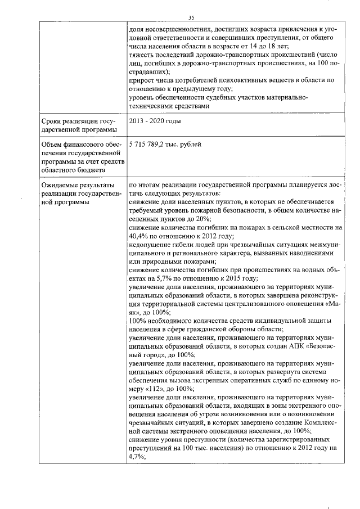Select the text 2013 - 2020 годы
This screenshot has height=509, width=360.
(154, 121)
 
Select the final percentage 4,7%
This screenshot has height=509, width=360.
(138, 457)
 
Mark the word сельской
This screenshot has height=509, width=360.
(287, 228)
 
